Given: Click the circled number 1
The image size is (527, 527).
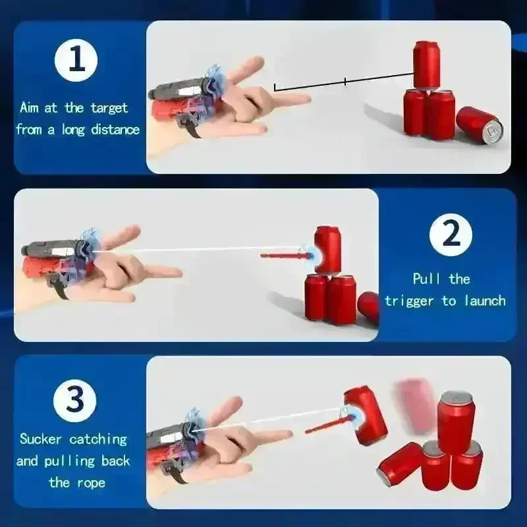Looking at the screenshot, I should (x=76, y=61).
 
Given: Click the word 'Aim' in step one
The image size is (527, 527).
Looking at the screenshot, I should (x=30, y=107).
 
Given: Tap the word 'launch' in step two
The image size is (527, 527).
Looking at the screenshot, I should (x=483, y=301).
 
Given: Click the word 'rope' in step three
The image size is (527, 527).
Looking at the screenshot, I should (x=92, y=483).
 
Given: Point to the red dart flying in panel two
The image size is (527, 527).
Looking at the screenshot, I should (x=283, y=254).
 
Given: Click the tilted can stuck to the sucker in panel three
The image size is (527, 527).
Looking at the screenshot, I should (x=364, y=415).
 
